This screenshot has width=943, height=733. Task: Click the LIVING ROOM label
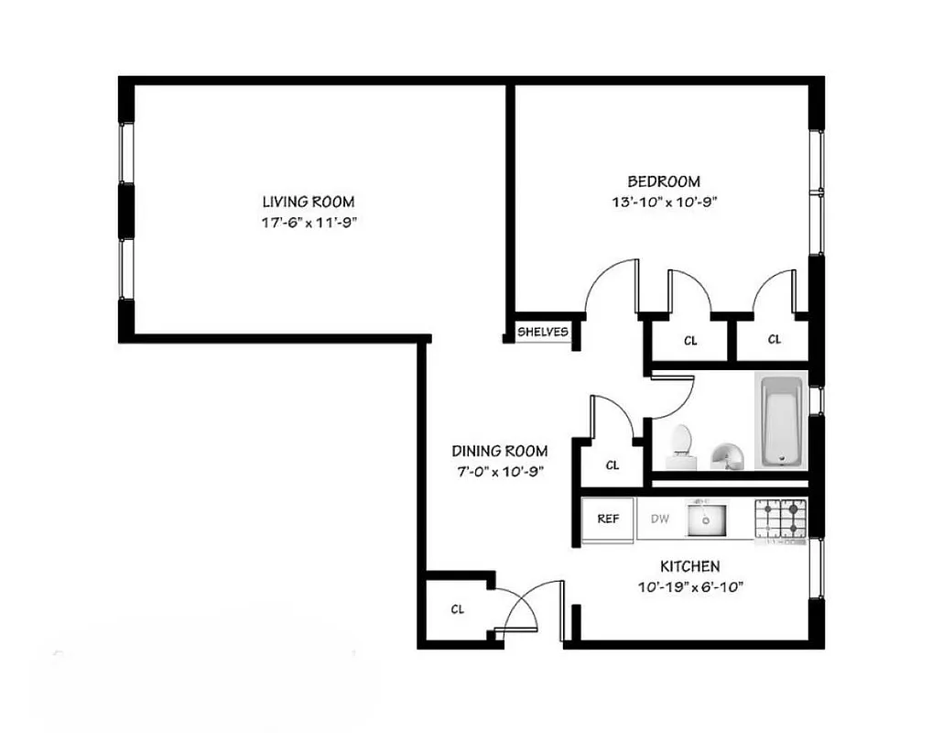coord(308,202)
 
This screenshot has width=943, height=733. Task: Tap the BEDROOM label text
coord(663,181)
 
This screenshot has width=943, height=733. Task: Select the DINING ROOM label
coord(499,451)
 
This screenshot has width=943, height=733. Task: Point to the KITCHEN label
coord(691,567)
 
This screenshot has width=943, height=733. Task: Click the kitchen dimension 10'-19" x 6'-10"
coord(691,586)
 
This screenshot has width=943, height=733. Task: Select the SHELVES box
coord(543,332)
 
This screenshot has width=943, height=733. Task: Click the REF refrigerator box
coord(608,519)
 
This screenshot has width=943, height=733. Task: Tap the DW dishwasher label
coord(660,519)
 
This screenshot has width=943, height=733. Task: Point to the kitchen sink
coord(705,520)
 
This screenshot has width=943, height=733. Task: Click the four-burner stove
coord(781,520)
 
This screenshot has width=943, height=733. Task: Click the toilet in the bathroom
coord(680,441)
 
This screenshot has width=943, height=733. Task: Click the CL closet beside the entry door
coord(457,609)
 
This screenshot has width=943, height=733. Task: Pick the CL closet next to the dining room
coord(612,465)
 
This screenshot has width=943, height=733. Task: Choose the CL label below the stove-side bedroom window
coord(774,340)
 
